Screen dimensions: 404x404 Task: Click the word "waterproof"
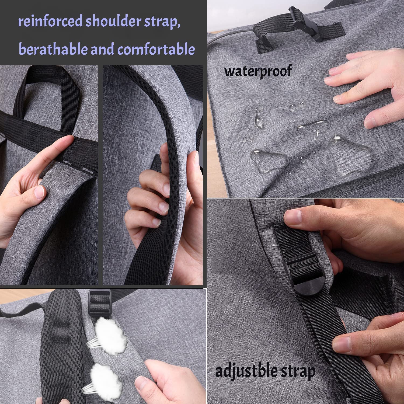pos(258,71)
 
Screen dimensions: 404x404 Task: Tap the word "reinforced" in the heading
pos(50,21)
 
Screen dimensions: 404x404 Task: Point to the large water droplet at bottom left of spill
pos(268,161)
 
